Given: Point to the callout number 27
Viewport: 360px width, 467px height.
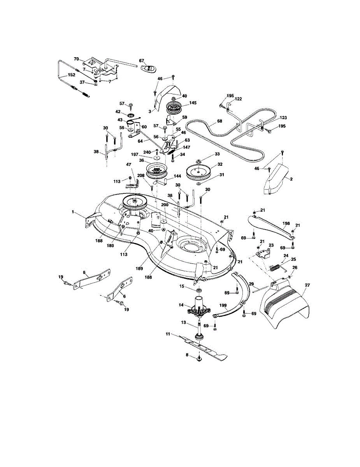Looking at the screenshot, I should [x=307, y=285].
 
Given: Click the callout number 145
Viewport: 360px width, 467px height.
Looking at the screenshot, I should [x=193, y=103].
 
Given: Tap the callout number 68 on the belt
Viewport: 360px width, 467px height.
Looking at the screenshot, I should [x=220, y=121].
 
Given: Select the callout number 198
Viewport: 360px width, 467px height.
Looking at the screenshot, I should [x=286, y=223].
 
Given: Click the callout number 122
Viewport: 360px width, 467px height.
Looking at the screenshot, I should [x=238, y=99].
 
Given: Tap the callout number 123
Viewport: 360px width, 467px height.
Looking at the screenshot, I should [x=283, y=118].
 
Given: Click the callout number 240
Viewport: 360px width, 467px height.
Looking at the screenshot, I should [x=147, y=152].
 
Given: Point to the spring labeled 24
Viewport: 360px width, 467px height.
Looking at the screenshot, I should [x=275, y=267].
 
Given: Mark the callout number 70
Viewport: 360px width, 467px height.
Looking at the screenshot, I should [x=76, y=59].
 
